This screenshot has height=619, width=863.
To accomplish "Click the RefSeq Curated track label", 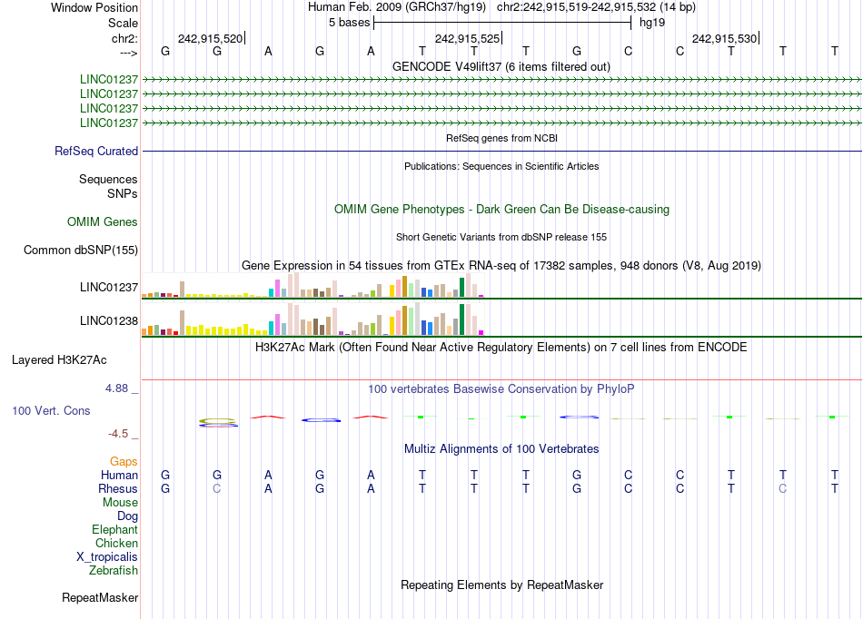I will pos(96,152).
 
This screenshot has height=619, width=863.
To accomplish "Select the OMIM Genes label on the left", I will pos(103,222).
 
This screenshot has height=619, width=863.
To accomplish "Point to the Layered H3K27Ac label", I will pos(59,360).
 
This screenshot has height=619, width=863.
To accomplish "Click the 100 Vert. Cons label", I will pos(51,411).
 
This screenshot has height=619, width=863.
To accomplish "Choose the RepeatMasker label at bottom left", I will pos(100,598).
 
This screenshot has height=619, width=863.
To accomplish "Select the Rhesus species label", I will pos(118,489).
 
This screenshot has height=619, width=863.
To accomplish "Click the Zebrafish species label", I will pos(114,571).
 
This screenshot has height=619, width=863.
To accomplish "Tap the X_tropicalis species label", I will pos(107,557).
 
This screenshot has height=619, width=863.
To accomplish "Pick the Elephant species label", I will pos(114,530).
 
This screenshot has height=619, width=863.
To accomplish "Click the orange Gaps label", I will pos(124,462).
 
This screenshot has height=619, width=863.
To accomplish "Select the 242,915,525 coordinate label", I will pos(467,39).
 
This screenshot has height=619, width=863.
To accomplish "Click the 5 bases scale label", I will pos(348,22).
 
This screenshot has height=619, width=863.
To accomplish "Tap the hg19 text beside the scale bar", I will pos(652,22).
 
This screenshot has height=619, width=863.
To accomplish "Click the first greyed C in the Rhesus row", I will pos(216,489).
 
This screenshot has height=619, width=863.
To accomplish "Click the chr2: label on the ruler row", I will pos(124,39).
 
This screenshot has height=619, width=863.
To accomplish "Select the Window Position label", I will pos(94,7).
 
